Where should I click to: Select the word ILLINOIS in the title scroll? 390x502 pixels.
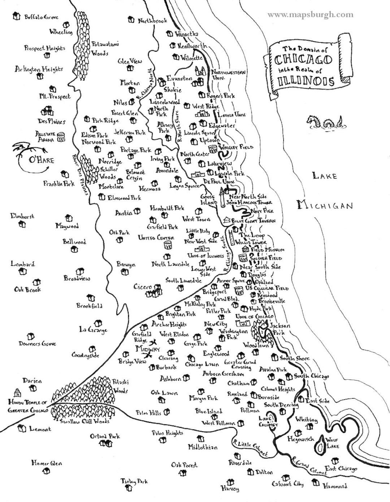305,81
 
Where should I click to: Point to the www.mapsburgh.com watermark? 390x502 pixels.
310,15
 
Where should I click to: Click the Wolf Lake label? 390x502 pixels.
332,443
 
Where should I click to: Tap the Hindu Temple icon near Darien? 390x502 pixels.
17,392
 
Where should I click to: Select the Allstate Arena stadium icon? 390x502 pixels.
61,136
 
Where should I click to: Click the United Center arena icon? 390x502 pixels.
168,246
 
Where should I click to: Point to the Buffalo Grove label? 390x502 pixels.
41,17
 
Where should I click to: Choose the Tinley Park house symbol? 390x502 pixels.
129,489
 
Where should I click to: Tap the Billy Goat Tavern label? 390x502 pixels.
253,220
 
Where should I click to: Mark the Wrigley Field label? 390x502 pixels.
236,147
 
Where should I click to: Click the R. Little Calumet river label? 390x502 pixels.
250,448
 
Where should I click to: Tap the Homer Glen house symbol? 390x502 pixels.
47,472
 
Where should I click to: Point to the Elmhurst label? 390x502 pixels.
22,216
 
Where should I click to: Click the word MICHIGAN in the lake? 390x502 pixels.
325,206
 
